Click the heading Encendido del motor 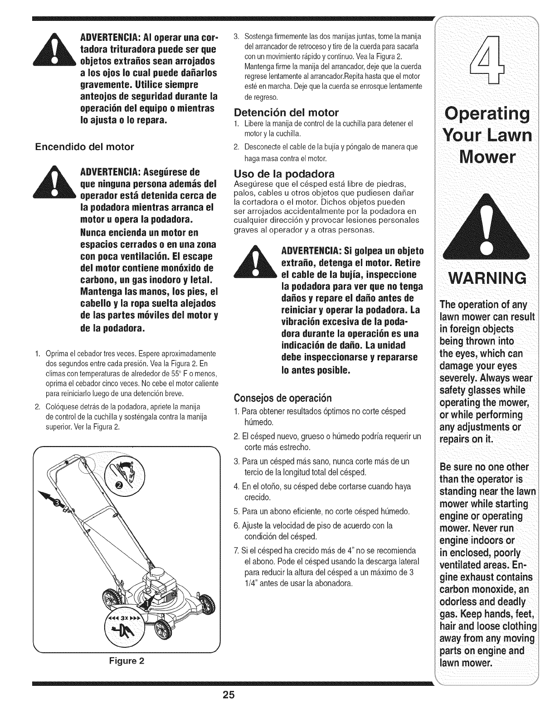point(85,146)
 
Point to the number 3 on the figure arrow point(58,503)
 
